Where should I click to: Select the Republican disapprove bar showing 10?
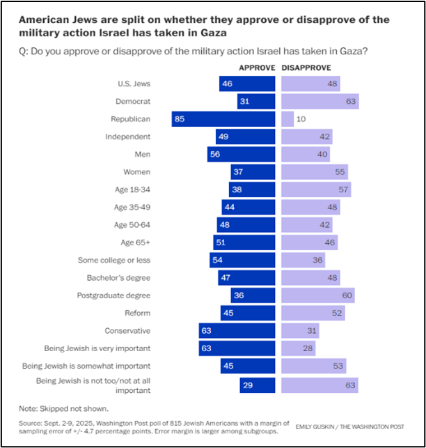pos(287,119)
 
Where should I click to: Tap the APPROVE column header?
pos(257,68)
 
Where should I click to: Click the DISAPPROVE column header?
pos(306,68)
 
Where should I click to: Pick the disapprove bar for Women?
pos(314,172)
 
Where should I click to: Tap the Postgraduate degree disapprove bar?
pos(318,295)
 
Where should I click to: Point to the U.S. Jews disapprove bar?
pos(310,84)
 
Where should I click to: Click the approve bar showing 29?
pos(258,383)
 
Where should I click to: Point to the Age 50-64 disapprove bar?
pos(307,225)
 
